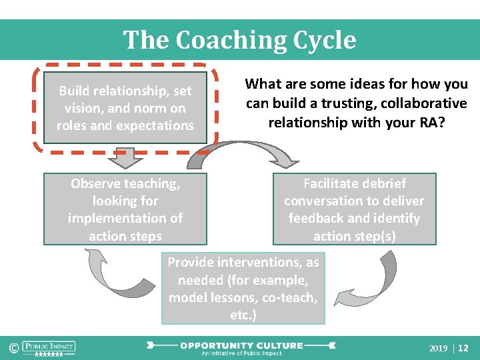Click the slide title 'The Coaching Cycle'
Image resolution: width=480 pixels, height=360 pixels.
(239, 40)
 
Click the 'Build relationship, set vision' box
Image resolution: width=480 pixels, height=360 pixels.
(125, 108)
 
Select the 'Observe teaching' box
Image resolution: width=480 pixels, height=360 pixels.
(125, 209)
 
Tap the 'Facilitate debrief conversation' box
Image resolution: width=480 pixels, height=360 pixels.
(354, 209)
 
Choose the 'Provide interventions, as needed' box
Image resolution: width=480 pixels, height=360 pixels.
(243, 289)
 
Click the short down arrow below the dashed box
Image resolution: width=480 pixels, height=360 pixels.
(125, 158)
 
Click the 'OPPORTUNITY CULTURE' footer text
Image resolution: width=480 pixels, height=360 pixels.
(241, 345)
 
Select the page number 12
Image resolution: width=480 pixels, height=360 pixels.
(464, 348)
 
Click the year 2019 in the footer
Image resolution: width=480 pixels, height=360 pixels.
(438, 348)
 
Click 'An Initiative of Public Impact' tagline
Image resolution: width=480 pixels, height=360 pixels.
(241, 353)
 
